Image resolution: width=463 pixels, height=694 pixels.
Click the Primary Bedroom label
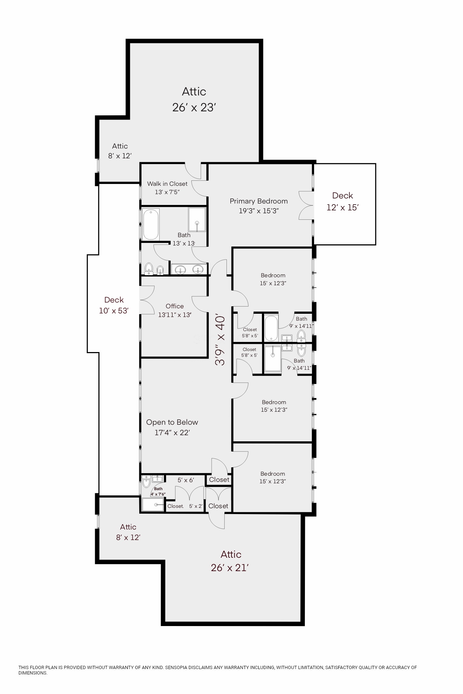coord(259,201)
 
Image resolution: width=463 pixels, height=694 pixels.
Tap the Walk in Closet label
coord(167,184)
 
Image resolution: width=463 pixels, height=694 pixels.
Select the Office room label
coord(175,306)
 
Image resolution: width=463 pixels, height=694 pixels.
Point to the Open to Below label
coord(172,422)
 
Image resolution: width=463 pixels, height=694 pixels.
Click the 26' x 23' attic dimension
coord(194,108)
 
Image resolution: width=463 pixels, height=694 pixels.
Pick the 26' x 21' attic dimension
coord(229,568)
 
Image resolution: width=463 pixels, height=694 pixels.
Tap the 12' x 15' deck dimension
coord(342,207)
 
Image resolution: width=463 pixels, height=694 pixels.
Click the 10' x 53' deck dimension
coord(114,311)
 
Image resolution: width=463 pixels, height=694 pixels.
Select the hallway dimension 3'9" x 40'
coord(220,340)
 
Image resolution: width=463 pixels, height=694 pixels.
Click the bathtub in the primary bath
coord(151,224)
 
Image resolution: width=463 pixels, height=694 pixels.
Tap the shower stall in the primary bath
coord(197,219)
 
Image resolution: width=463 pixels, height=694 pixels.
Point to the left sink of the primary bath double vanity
coord(180,269)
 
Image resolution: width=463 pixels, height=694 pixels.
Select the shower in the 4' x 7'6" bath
coord(153,505)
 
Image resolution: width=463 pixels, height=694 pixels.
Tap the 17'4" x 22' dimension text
coord(172,433)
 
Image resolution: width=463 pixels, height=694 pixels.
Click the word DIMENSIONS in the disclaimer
coord(33,673)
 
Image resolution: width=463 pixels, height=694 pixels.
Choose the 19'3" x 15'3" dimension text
coord(259,211)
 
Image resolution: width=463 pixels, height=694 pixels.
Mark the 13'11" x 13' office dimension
coord(175,315)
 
